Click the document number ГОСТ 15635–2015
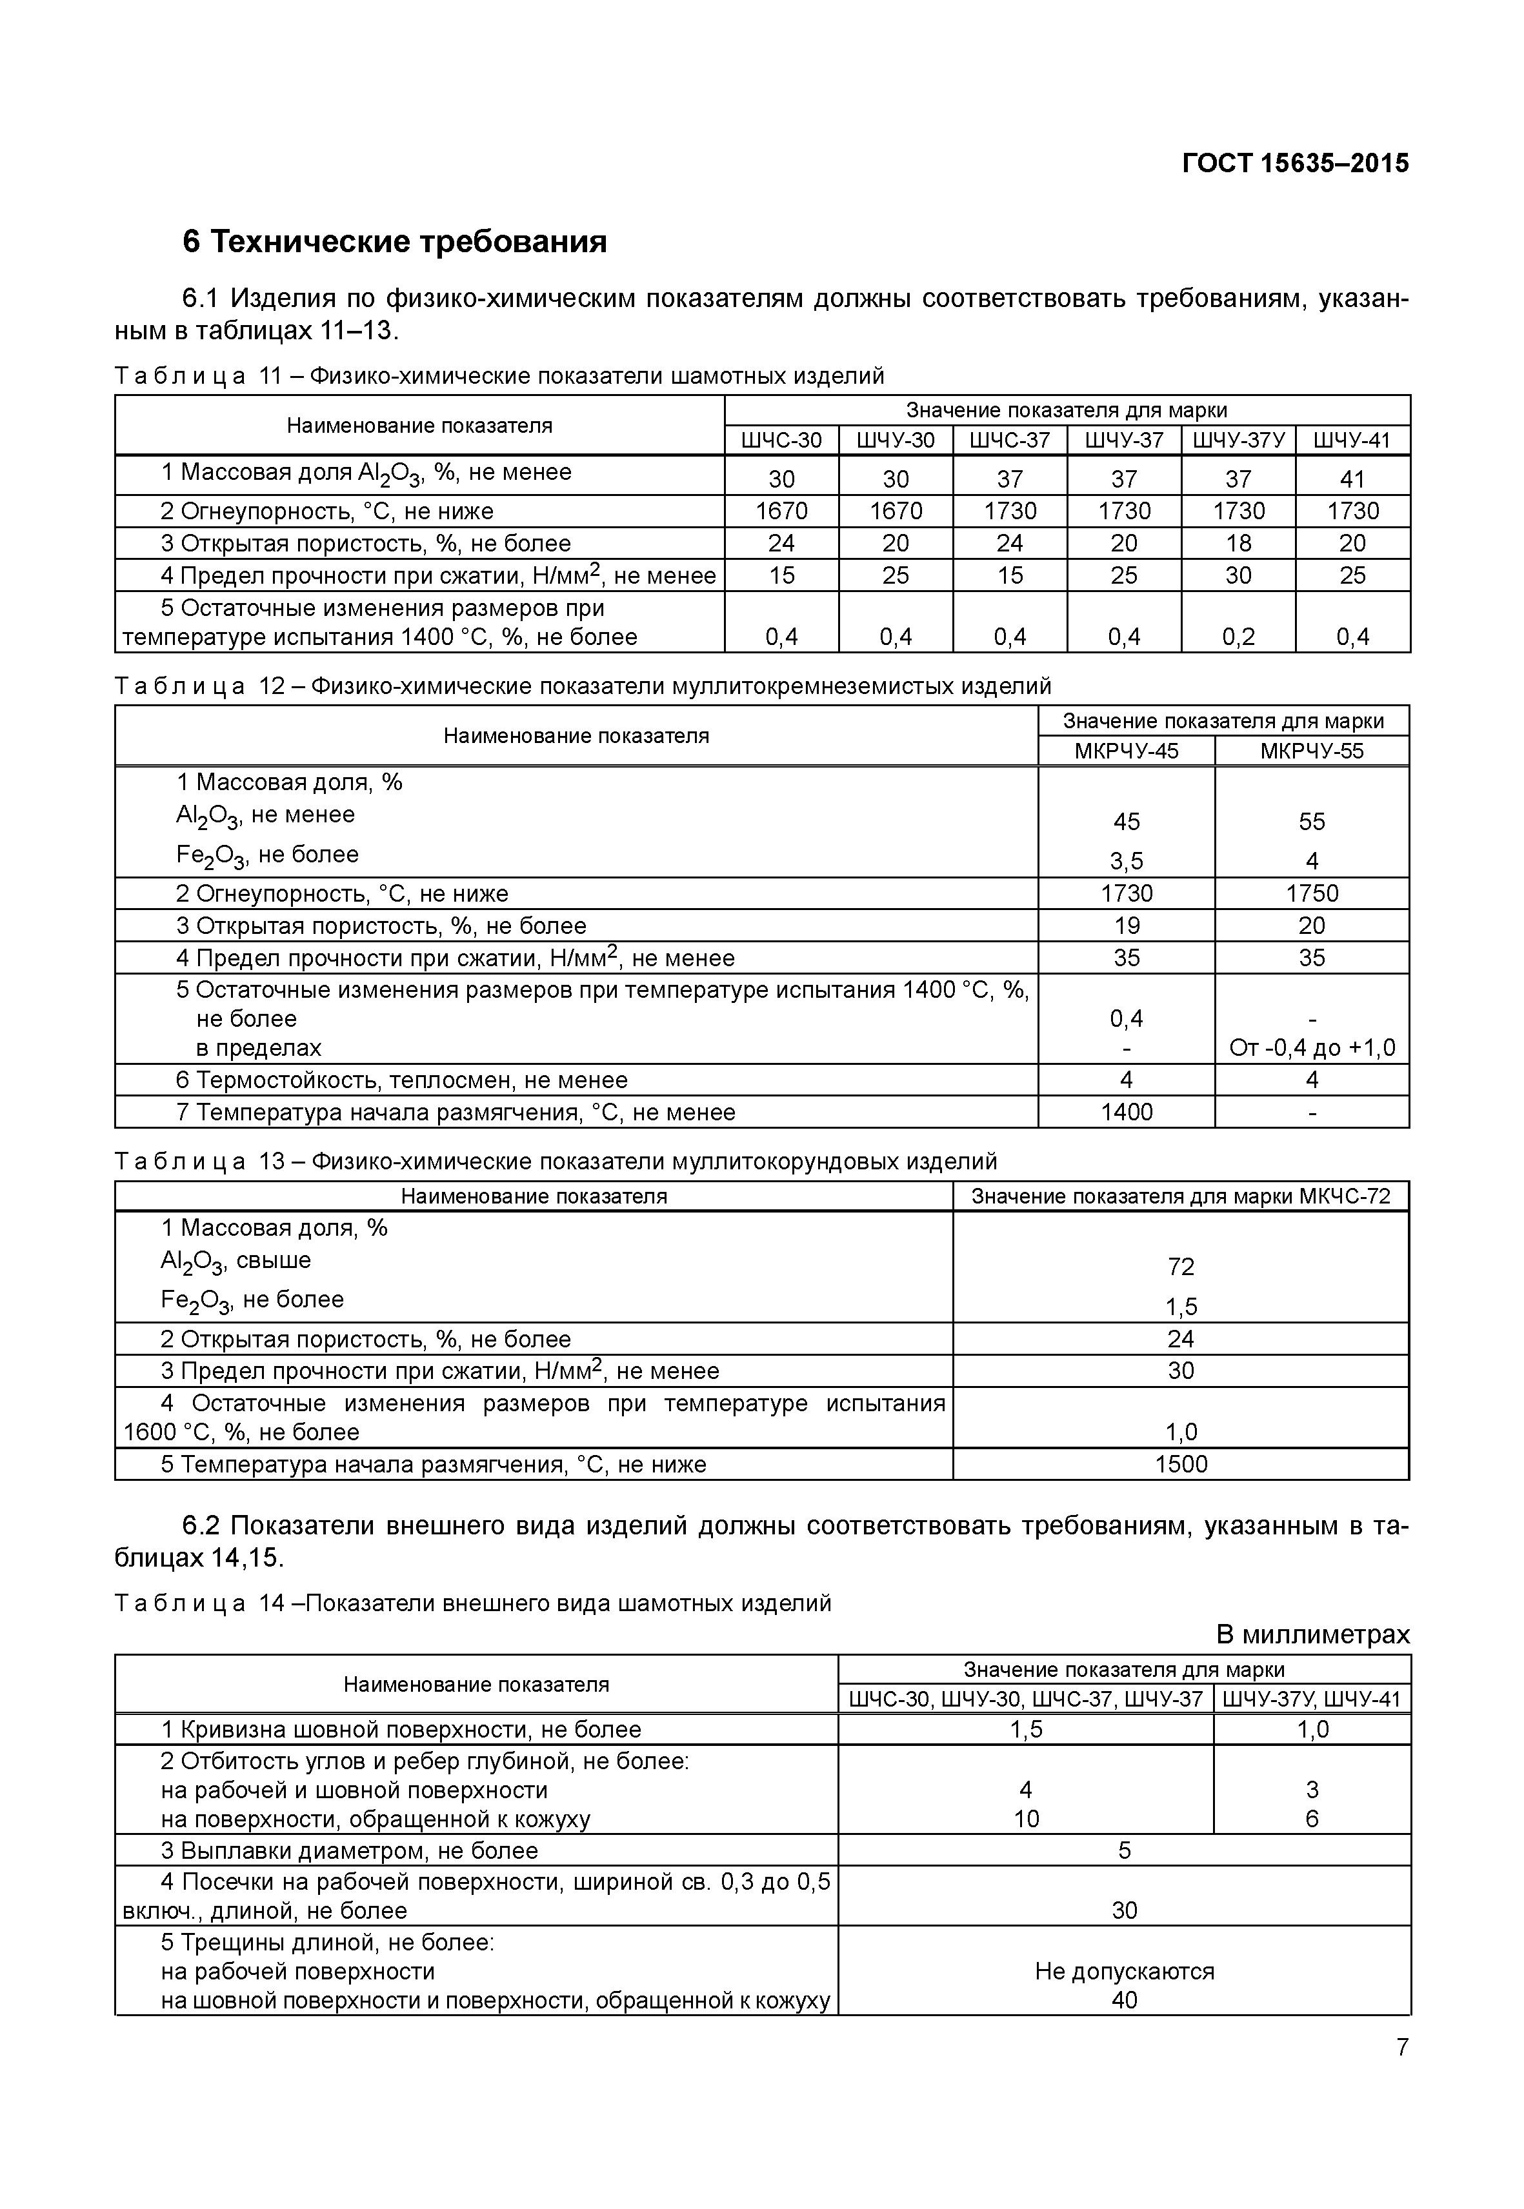1295,163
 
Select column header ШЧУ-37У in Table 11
1238,440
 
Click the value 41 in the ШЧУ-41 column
1352,479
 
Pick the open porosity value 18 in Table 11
1238,543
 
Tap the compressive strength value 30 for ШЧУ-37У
1238,576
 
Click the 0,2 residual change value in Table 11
1238,637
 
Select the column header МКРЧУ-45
1126,750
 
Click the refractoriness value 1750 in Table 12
1311,893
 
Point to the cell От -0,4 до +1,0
1311,1048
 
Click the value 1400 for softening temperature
1126,1112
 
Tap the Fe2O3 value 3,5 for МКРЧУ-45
1126,861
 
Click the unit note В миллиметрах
1312,1634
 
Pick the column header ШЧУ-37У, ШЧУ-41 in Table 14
1311,1699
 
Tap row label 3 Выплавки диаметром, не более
350,1851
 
